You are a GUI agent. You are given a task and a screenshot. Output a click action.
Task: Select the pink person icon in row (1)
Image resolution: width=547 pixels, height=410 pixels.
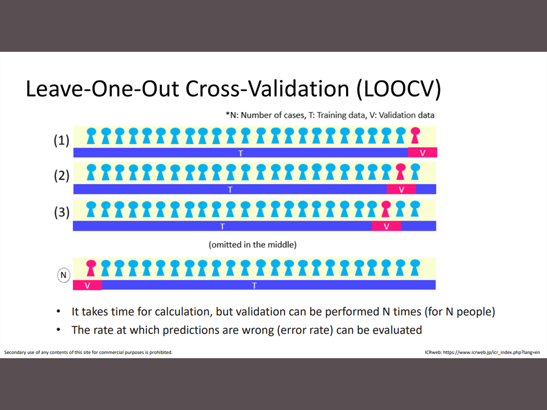click(x=415, y=136)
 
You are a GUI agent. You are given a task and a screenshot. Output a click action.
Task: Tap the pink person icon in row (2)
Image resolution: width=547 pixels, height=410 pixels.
click(x=401, y=172)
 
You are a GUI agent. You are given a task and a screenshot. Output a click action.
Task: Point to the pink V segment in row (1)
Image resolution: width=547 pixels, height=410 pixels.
click(x=423, y=153)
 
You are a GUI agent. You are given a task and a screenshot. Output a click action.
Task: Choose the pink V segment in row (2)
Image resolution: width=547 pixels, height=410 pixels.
click(x=401, y=189)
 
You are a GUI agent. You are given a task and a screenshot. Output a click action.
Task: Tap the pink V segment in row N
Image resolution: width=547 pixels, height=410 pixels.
click(x=87, y=285)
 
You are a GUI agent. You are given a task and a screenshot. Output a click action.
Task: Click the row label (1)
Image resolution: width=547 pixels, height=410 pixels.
click(x=61, y=141)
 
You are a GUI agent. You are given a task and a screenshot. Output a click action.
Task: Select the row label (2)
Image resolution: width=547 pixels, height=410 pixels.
click(x=61, y=176)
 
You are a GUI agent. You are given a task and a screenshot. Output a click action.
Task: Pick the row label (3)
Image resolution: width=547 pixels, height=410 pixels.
click(x=61, y=212)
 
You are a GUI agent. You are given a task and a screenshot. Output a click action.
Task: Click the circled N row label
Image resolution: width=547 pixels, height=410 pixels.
click(x=64, y=275)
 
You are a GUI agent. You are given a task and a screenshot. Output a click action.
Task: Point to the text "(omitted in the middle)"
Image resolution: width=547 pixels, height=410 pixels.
click(x=253, y=245)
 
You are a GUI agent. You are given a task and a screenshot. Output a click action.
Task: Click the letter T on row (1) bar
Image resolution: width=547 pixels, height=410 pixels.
click(x=240, y=153)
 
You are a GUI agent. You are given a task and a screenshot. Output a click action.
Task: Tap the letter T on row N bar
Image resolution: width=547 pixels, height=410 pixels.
click(x=254, y=285)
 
